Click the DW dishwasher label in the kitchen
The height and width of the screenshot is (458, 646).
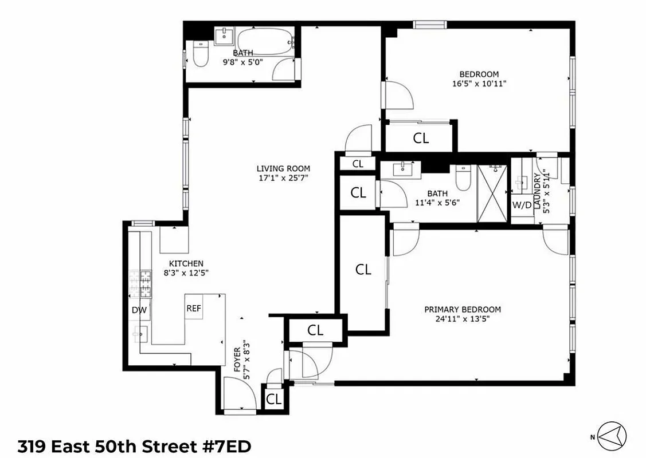click(139, 310)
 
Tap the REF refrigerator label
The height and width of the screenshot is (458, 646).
click(194, 308)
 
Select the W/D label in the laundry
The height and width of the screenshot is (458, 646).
click(522, 205)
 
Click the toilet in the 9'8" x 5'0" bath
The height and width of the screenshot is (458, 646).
click(200, 56)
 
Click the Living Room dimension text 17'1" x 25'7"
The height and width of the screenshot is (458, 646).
click(283, 178)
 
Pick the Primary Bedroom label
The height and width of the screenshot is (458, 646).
click(462, 309)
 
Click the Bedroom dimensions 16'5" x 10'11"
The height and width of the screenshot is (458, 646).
click(479, 84)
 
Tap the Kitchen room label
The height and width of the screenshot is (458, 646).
click(182, 263)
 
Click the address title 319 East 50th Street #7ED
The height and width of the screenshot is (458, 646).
click(135, 446)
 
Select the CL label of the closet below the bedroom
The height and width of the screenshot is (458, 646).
click(421, 138)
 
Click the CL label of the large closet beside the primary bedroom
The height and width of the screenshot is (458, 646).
click(363, 270)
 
